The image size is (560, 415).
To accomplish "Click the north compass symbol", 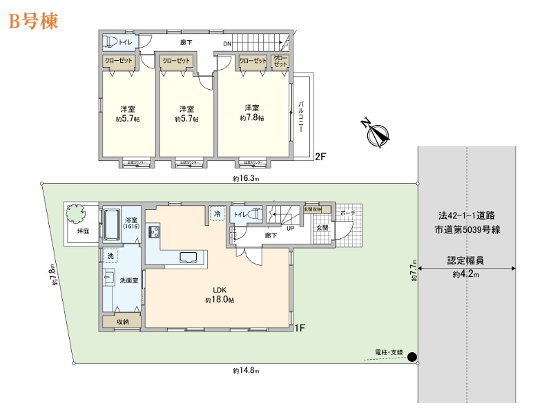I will tap(375, 133).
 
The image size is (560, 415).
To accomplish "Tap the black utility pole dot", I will tap(412, 357).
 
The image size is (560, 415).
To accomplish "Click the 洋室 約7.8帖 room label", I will tap(252, 113).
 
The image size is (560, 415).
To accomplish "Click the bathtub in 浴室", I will tap(113, 226).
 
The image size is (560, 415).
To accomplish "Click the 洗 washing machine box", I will tap(110, 255).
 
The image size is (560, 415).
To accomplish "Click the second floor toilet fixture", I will tap(111, 43).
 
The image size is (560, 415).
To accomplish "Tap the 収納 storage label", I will tap(122, 321).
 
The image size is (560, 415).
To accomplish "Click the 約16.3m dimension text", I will tap(245, 178).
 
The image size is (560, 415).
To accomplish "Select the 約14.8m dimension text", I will tap(245, 371).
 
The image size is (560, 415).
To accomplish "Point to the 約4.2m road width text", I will tap(466, 274).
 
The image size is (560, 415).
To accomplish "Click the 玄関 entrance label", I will tap(322, 228).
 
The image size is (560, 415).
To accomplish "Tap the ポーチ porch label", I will tap(347, 213).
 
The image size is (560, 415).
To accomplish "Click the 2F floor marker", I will tap(320, 156).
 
